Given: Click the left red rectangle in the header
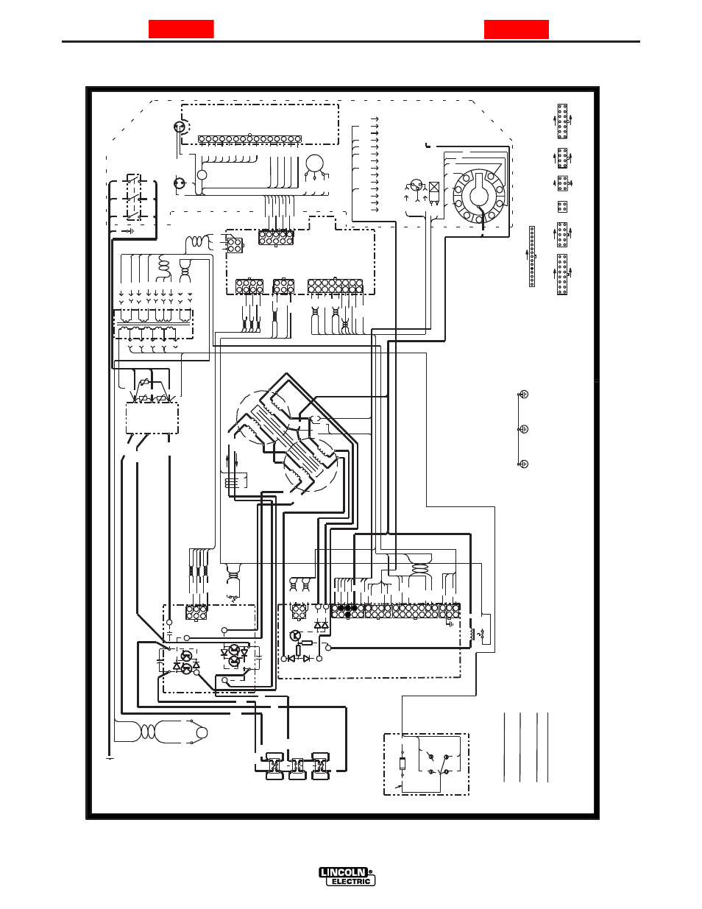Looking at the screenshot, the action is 181,29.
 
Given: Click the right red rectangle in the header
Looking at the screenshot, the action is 517,29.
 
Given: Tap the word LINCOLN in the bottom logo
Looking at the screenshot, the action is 343,872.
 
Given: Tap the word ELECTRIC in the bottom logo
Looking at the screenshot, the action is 351,881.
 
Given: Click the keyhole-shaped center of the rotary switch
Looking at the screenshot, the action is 480,193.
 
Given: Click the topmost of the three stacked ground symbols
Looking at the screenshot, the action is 523,394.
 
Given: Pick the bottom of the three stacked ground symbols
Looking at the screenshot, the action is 523,464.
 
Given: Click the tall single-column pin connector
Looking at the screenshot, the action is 532,256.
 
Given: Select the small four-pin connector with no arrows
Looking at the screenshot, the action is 562,207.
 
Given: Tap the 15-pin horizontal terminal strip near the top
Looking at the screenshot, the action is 249,139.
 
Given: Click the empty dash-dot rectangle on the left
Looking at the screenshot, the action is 152,418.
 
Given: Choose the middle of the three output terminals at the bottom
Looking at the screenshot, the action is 297,767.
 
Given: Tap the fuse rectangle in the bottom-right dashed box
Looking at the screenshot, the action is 403,763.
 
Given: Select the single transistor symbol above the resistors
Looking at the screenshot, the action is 295,636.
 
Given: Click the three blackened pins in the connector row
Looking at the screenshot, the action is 348,611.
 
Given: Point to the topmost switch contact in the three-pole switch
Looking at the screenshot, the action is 134,180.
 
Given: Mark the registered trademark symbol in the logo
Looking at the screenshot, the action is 370,872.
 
